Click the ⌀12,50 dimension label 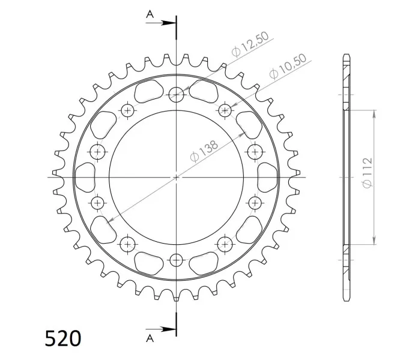pyautogui.click(x=250, y=44)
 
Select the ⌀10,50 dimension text pyautogui.click(x=288, y=67)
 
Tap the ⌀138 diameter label pyautogui.click(x=204, y=151)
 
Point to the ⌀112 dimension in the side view pyautogui.click(x=368, y=173)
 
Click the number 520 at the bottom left pyautogui.click(x=63, y=338)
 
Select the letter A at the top pyautogui.click(x=150, y=14)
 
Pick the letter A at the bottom pyautogui.click(x=150, y=338)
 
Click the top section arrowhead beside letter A pyautogui.click(x=168, y=23)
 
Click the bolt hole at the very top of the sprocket pyautogui.click(x=176, y=95)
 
